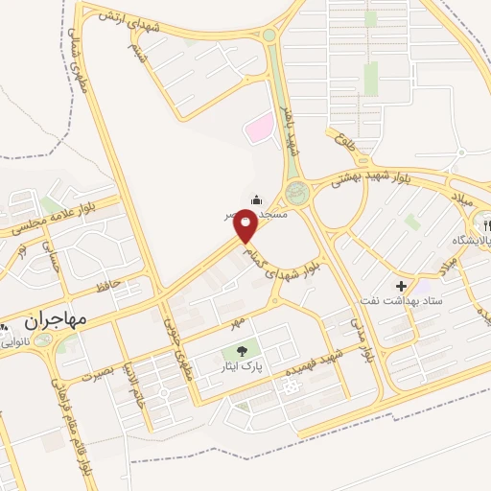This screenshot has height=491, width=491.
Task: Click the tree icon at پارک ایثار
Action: click(241, 350)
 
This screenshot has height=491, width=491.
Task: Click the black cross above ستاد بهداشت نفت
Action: click(401, 287)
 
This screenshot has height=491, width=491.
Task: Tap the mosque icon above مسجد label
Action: click(257, 199)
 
